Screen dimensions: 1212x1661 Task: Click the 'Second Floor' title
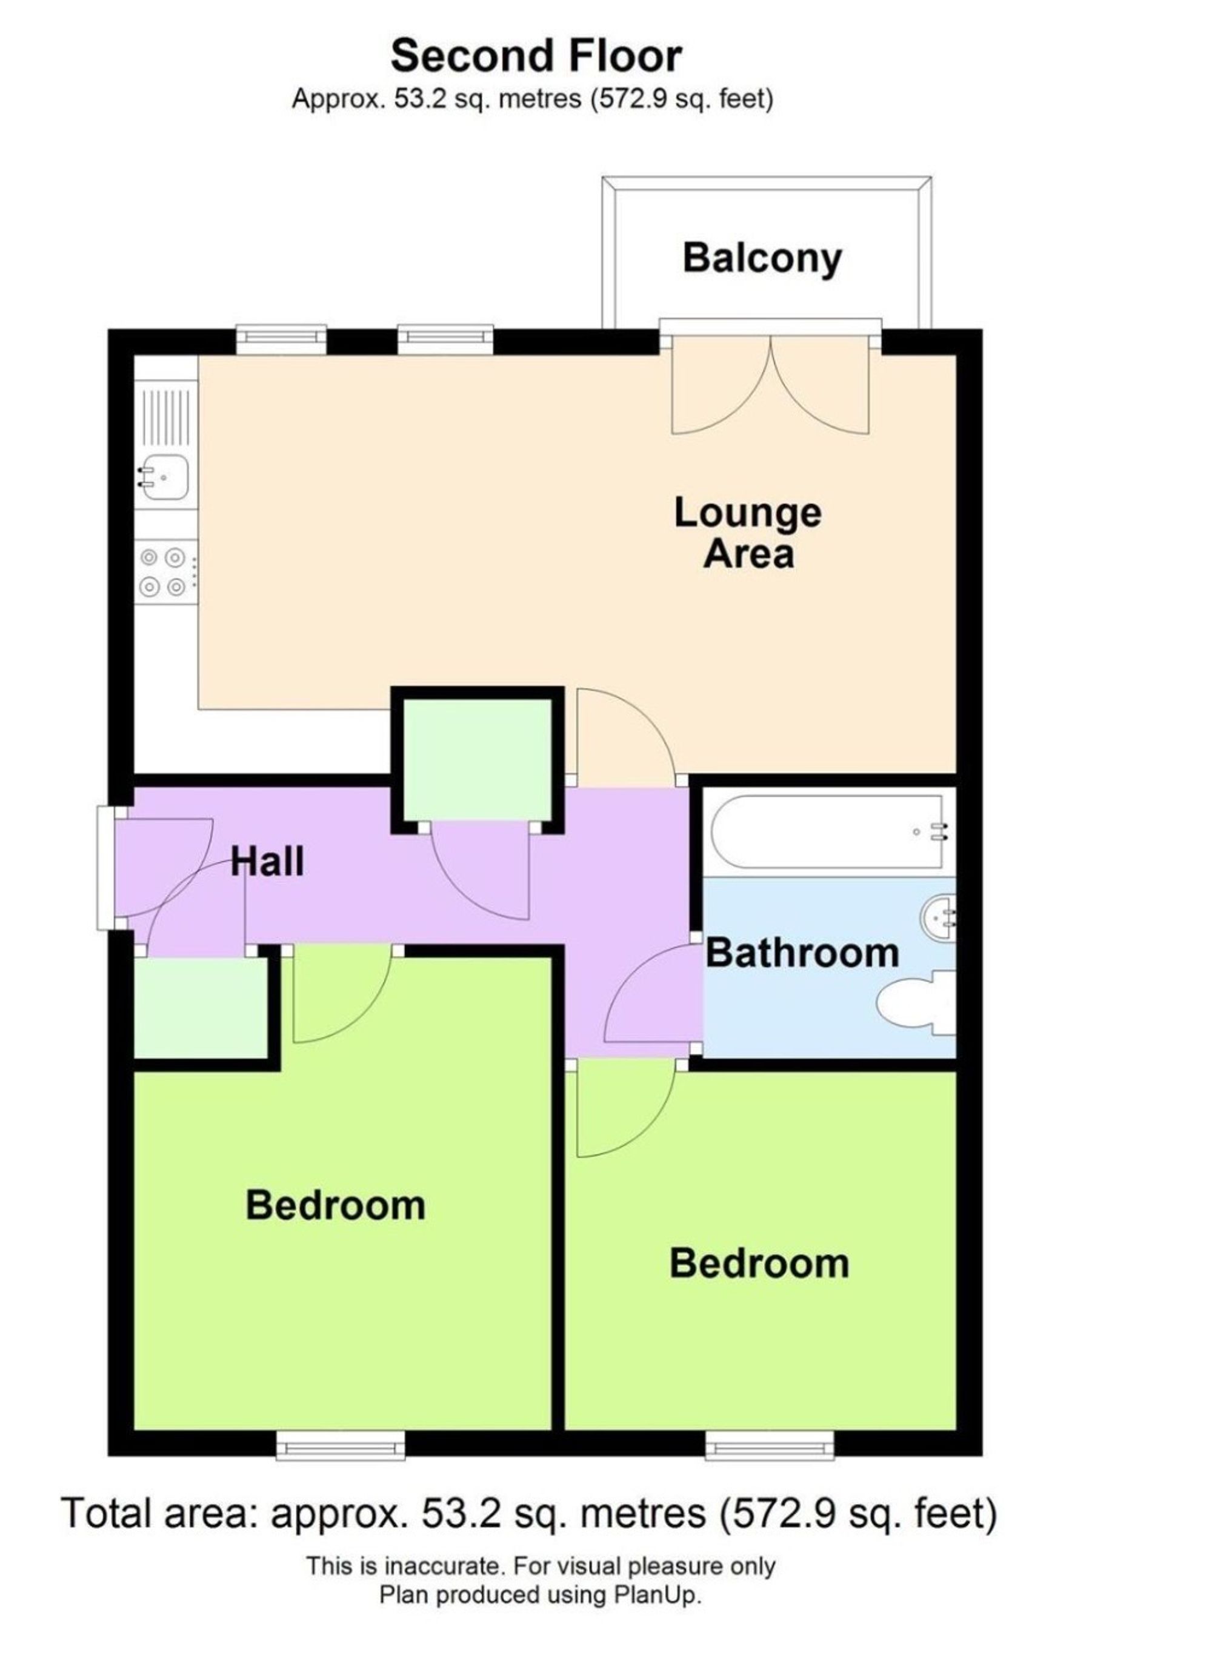coord(536,56)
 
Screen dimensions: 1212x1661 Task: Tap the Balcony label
coord(762,258)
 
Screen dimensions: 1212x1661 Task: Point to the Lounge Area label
coord(748,533)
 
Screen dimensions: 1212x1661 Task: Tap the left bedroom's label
coord(335,1205)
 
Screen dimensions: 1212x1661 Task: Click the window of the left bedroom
coord(341,1446)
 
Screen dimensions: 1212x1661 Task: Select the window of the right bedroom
coord(770,1446)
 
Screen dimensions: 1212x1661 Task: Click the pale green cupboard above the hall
coord(478,759)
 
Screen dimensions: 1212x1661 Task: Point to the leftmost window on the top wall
coord(282,336)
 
